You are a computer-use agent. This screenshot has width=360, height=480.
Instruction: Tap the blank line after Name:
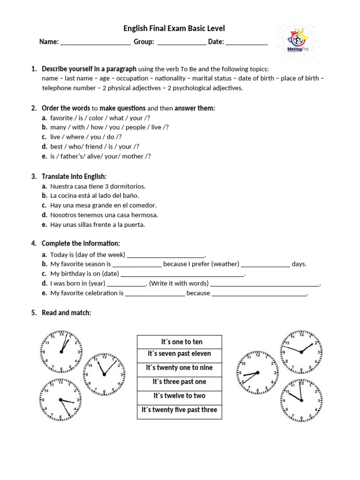point(95,42)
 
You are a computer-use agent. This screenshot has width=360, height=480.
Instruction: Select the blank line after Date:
point(247,42)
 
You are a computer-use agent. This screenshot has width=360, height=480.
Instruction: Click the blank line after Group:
point(181,42)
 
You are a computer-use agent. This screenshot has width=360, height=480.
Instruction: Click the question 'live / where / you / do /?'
point(86,137)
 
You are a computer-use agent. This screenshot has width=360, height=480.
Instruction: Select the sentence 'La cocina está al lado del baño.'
point(95,195)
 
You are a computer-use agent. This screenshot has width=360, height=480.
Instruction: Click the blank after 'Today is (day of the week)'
point(166,255)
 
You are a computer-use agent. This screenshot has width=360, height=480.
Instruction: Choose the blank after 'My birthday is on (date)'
point(182,274)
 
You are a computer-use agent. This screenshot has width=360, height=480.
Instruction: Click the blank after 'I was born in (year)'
point(127,284)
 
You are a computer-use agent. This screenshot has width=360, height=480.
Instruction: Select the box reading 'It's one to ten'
point(180,342)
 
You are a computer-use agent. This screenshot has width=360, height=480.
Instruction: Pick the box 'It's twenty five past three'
point(180,410)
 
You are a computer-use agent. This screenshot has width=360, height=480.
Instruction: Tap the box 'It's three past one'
point(180,382)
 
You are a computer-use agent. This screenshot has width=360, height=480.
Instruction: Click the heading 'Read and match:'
point(66,313)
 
